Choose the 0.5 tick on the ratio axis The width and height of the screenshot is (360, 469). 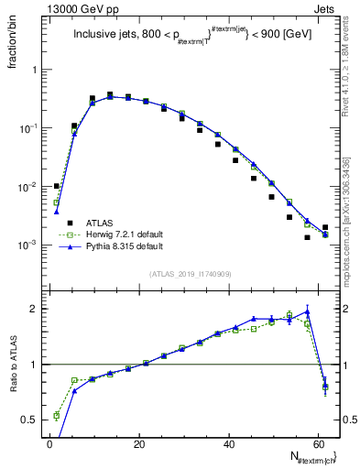[30, 420]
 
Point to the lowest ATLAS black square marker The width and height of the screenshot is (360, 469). [308, 237]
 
